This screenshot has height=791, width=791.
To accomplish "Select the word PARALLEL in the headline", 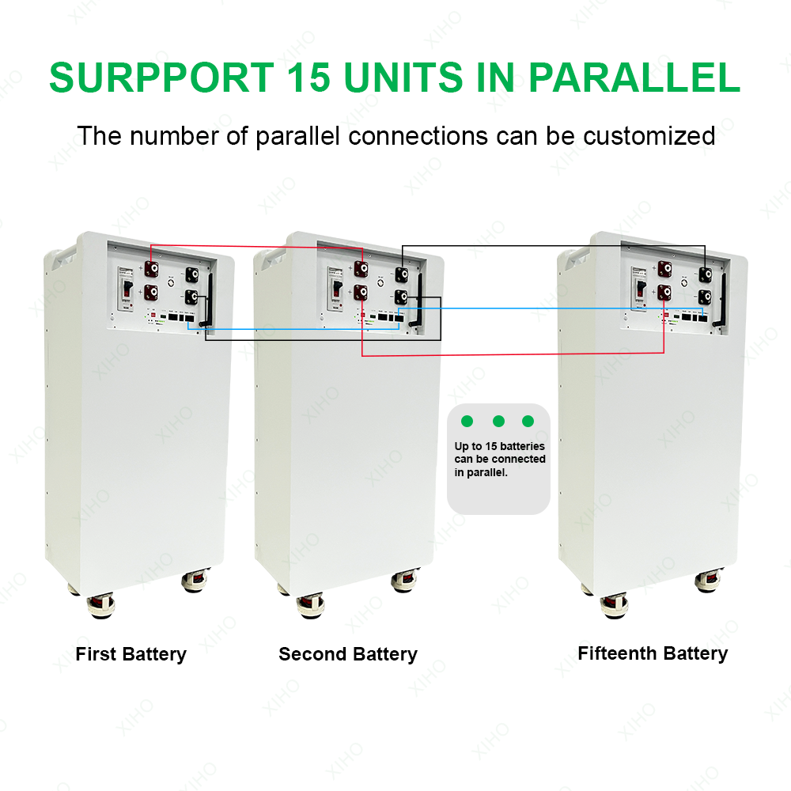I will click(634, 77).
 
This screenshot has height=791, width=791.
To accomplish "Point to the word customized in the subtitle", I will click(649, 135).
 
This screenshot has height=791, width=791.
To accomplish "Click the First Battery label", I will click(131, 654).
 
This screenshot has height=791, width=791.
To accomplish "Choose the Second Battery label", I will click(347, 654).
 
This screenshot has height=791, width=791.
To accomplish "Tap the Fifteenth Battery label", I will click(653, 653).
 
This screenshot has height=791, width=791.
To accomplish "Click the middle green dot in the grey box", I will click(498, 420).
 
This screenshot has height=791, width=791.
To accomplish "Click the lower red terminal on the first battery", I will click(149, 293).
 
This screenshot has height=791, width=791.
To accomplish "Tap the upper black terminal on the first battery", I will click(191, 274).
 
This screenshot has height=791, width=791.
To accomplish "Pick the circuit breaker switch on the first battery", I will click(123, 292).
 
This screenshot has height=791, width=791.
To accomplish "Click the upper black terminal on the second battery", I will click(403, 274).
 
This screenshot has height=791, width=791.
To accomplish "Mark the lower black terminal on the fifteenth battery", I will click(703, 297).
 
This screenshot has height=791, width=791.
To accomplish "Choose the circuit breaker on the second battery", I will click(334, 291).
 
